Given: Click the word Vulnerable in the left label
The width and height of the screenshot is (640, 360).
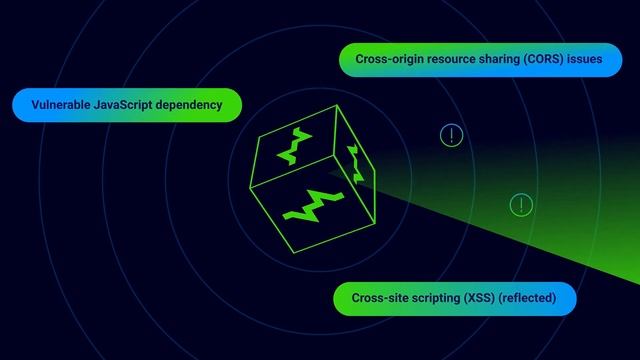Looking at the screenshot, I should pyautogui.click(x=57, y=104).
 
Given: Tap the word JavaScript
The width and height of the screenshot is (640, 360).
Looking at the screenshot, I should pyautogui.click(x=124, y=104).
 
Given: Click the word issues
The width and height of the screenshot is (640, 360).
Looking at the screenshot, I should pyautogui.click(x=585, y=59).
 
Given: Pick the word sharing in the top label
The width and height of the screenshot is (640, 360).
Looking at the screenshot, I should pyautogui.click(x=495, y=59).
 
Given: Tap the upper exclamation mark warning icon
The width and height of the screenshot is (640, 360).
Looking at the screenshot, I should pyautogui.click(x=452, y=135).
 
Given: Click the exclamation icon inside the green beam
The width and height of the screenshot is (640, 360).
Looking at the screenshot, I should pyautogui.click(x=521, y=205).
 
